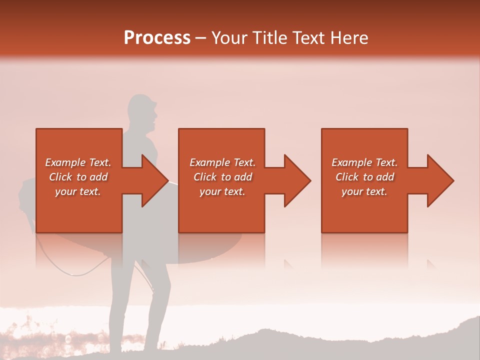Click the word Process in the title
(x=157, y=38)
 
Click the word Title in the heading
(x=270, y=38)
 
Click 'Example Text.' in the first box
(x=78, y=162)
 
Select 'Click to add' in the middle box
(x=222, y=177)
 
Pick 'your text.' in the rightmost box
(x=364, y=191)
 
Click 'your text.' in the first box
(x=78, y=191)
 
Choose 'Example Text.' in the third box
(x=364, y=162)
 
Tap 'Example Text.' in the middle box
(x=222, y=162)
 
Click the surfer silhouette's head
(x=142, y=110)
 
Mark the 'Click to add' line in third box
(x=364, y=177)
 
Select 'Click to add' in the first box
(x=78, y=177)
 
